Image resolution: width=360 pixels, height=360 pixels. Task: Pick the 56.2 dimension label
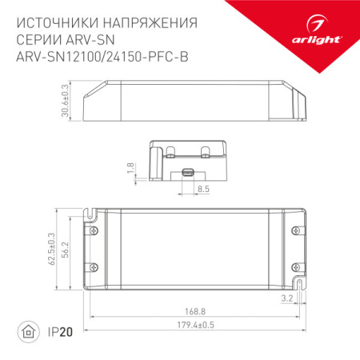(67, 250)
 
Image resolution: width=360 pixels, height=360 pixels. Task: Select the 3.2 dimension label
(310, 298)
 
